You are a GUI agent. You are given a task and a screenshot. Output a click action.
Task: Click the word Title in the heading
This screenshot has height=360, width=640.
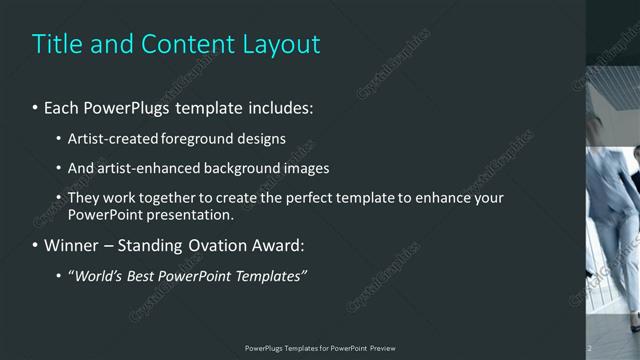[56, 44]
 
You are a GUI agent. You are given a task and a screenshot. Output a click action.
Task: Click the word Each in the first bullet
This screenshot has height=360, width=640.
[63, 106]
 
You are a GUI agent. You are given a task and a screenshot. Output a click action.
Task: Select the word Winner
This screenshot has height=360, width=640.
[71, 245]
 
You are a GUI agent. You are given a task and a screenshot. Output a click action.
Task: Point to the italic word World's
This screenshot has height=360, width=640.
[96, 276]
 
